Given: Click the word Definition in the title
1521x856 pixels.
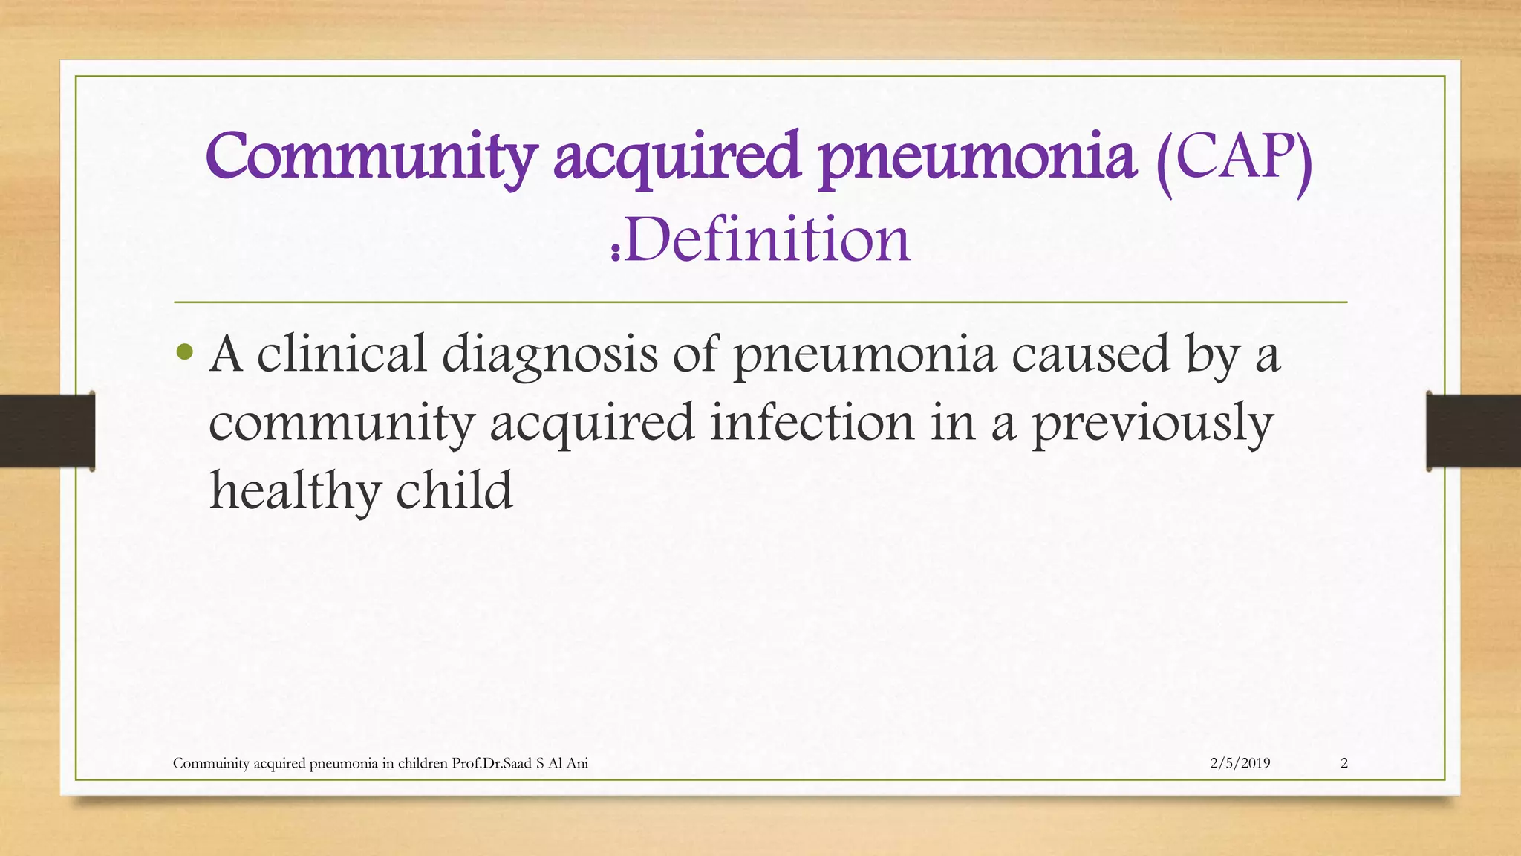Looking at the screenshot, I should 767,240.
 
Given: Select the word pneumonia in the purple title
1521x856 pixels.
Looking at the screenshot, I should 977,158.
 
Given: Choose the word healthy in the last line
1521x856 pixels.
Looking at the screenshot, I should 294,491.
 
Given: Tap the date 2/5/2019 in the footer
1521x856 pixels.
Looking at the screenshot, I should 1240,763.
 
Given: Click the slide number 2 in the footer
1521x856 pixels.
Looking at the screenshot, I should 1344,763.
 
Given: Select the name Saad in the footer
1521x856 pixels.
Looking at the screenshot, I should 518,763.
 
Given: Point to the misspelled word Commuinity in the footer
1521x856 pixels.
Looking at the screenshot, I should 210,763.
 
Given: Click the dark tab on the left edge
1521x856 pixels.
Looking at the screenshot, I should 47,431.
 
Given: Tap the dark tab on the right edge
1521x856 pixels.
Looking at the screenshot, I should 1473,431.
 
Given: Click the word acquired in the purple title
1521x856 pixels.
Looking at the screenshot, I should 677,158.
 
